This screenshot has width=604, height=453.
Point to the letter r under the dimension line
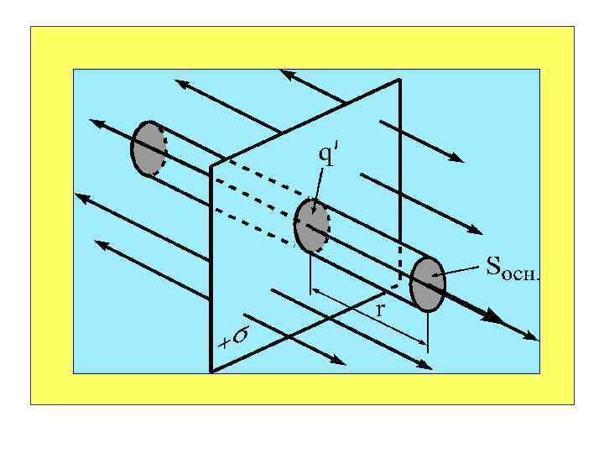(380, 310)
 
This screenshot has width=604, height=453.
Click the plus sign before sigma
(224, 342)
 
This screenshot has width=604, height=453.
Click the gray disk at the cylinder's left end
(148, 148)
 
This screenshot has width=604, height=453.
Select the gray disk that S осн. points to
(427, 284)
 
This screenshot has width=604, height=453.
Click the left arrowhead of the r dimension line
(315, 291)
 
